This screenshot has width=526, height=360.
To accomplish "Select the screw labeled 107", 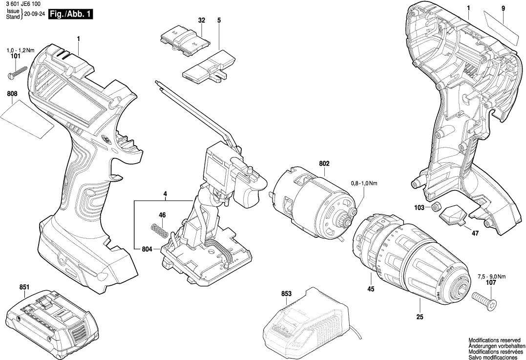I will tap(484, 296).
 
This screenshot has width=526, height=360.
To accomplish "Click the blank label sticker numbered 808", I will tap(29, 118).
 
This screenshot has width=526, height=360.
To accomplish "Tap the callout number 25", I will tap(420, 317).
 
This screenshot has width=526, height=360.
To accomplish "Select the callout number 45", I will tap(371, 290).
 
